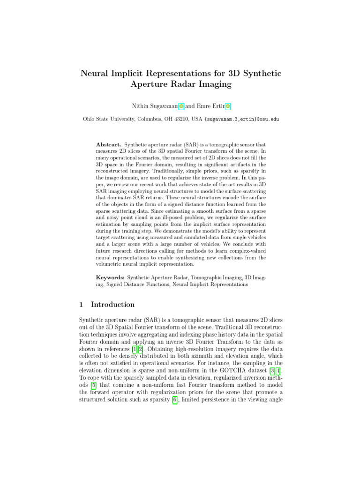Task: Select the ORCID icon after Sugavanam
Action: (x=181, y=106)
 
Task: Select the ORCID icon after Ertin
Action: (x=228, y=106)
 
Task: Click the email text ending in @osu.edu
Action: (x=242, y=119)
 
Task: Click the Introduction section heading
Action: (x=112, y=305)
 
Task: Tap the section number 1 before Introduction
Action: (x=82, y=305)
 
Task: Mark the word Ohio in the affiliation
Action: (x=89, y=119)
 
